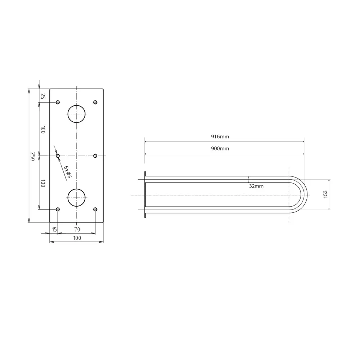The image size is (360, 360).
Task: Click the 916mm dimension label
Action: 220,136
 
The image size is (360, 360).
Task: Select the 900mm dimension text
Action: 220,149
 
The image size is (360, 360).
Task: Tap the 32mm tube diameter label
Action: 256,186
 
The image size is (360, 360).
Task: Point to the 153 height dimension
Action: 325,194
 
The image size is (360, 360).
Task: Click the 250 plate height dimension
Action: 33,156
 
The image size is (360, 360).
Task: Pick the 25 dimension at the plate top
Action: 43,96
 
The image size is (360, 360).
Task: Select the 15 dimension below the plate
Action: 54,229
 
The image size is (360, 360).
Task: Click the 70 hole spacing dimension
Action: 77,229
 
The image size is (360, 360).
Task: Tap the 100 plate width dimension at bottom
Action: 77,238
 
